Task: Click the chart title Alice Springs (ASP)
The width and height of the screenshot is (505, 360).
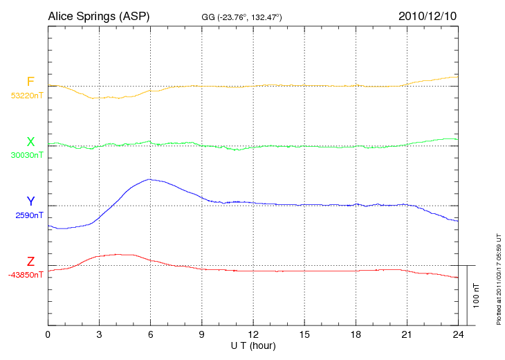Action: pyautogui.click(x=98, y=15)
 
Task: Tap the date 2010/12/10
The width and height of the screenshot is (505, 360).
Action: pyautogui.click(x=427, y=15)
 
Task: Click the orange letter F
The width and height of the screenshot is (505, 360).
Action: pyautogui.click(x=30, y=82)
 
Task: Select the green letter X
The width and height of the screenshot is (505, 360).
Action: pyautogui.click(x=30, y=142)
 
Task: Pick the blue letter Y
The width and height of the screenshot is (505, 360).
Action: pyautogui.click(x=30, y=201)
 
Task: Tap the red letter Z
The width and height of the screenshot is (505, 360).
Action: pyautogui.click(x=30, y=262)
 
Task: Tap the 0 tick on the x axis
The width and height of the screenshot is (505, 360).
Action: pyautogui.click(x=48, y=334)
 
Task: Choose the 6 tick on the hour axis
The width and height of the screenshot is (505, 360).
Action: pyautogui.click(x=150, y=334)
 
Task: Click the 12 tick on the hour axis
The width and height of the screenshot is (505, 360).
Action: pyautogui.click(x=253, y=334)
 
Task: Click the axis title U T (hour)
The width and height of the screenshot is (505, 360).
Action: pyautogui.click(x=253, y=345)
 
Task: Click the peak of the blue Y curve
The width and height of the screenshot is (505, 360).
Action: pyautogui.click(x=149, y=179)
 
